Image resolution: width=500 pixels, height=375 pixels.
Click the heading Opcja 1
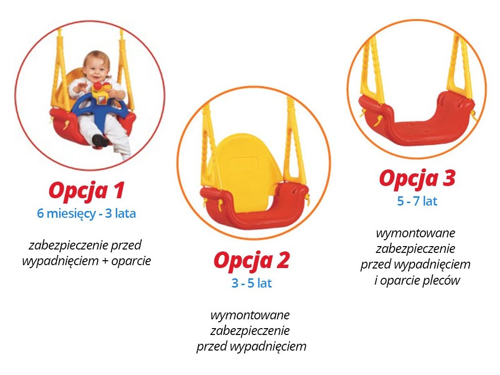[86, 191]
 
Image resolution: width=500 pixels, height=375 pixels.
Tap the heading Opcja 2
[251, 261]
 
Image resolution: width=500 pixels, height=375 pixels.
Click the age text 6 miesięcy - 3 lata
[86, 213]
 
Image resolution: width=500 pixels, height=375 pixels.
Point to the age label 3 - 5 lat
[251, 283]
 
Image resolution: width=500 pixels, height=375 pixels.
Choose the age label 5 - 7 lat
[417, 201]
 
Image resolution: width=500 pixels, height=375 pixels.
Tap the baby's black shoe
[100, 140]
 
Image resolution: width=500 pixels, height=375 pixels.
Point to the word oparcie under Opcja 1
[131, 261]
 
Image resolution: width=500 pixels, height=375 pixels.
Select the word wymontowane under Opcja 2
[250, 315]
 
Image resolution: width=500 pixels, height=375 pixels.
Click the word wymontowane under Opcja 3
[416, 233]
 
